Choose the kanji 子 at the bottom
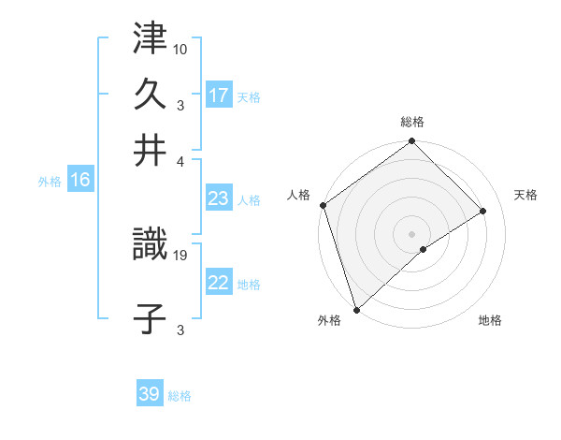(150, 319)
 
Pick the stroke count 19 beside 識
(180, 254)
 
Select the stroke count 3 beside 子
(180, 330)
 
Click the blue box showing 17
(219, 95)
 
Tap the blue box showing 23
(219, 198)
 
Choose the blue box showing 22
(219, 283)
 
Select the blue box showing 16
(79, 181)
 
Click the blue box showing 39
(150, 394)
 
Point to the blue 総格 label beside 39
(180, 396)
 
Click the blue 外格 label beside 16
(50, 182)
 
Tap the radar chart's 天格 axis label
(526, 195)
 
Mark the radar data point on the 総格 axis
(411, 142)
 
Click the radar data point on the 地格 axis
(424, 249)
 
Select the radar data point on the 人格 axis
(323, 205)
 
